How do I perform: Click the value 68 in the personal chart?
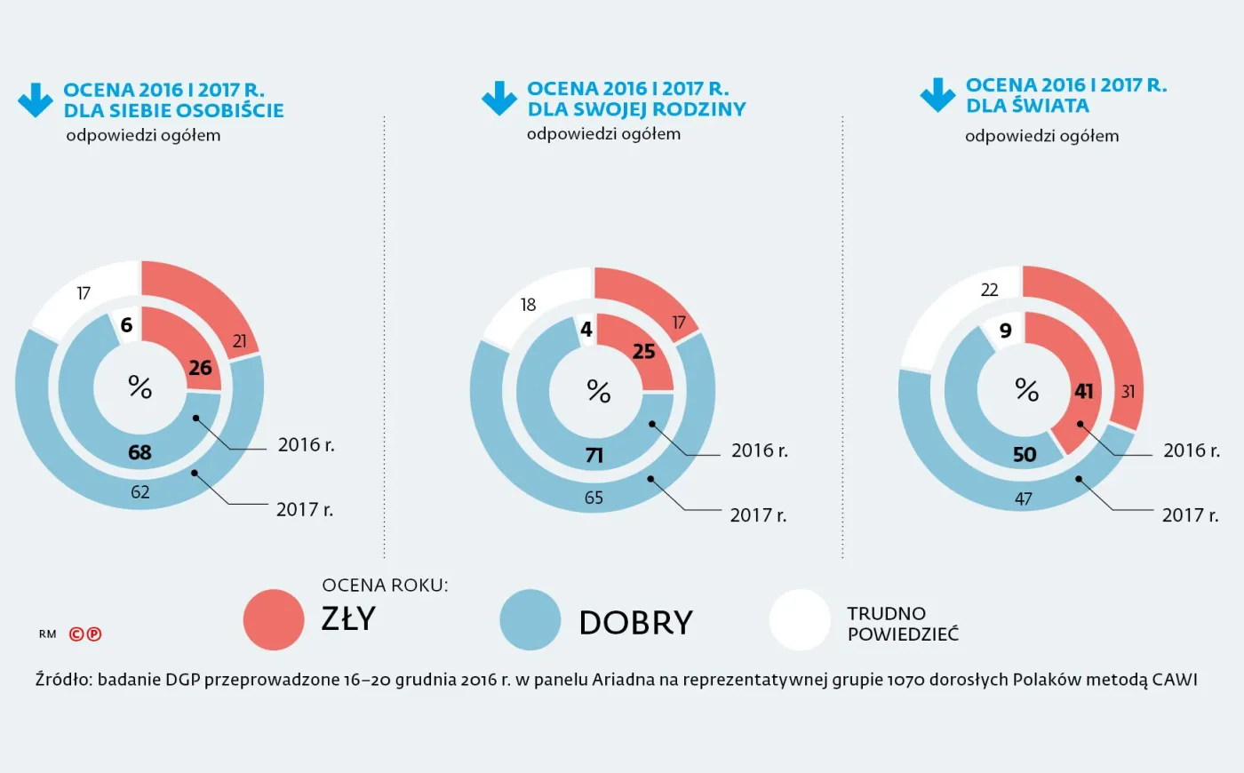[140, 452]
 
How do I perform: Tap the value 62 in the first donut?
[140, 492]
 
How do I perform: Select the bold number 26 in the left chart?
[200, 368]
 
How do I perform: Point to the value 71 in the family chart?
[594, 456]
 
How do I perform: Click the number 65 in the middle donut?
[594, 498]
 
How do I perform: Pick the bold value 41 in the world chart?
[1084, 391]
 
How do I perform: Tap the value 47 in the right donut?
[1024, 499]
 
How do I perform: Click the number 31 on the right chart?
[1128, 392]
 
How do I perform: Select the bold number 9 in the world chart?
[1006, 331]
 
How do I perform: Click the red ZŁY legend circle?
[274, 620]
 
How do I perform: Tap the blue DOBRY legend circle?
[530, 620]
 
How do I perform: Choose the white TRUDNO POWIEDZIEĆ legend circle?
[800, 620]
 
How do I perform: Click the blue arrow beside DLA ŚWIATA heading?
[937, 95]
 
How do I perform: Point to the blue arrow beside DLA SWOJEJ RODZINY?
[499, 99]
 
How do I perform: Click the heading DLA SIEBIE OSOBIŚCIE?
[173, 110]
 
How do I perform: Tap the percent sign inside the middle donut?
[599, 392]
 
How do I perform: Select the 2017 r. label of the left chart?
[305, 510]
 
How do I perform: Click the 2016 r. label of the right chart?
[1192, 450]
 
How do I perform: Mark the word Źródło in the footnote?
[63, 680]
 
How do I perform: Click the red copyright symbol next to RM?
[76, 634]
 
